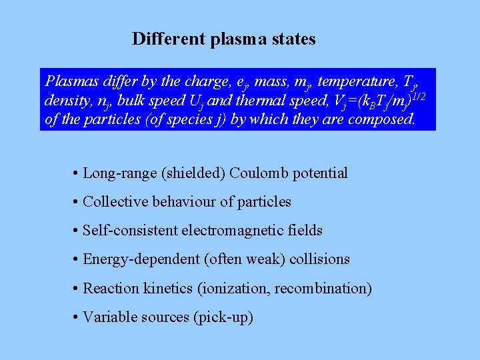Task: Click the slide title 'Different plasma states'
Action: coord(223,39)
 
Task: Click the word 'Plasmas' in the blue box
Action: coord(69,81)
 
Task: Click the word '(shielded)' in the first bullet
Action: coord(193,173)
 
